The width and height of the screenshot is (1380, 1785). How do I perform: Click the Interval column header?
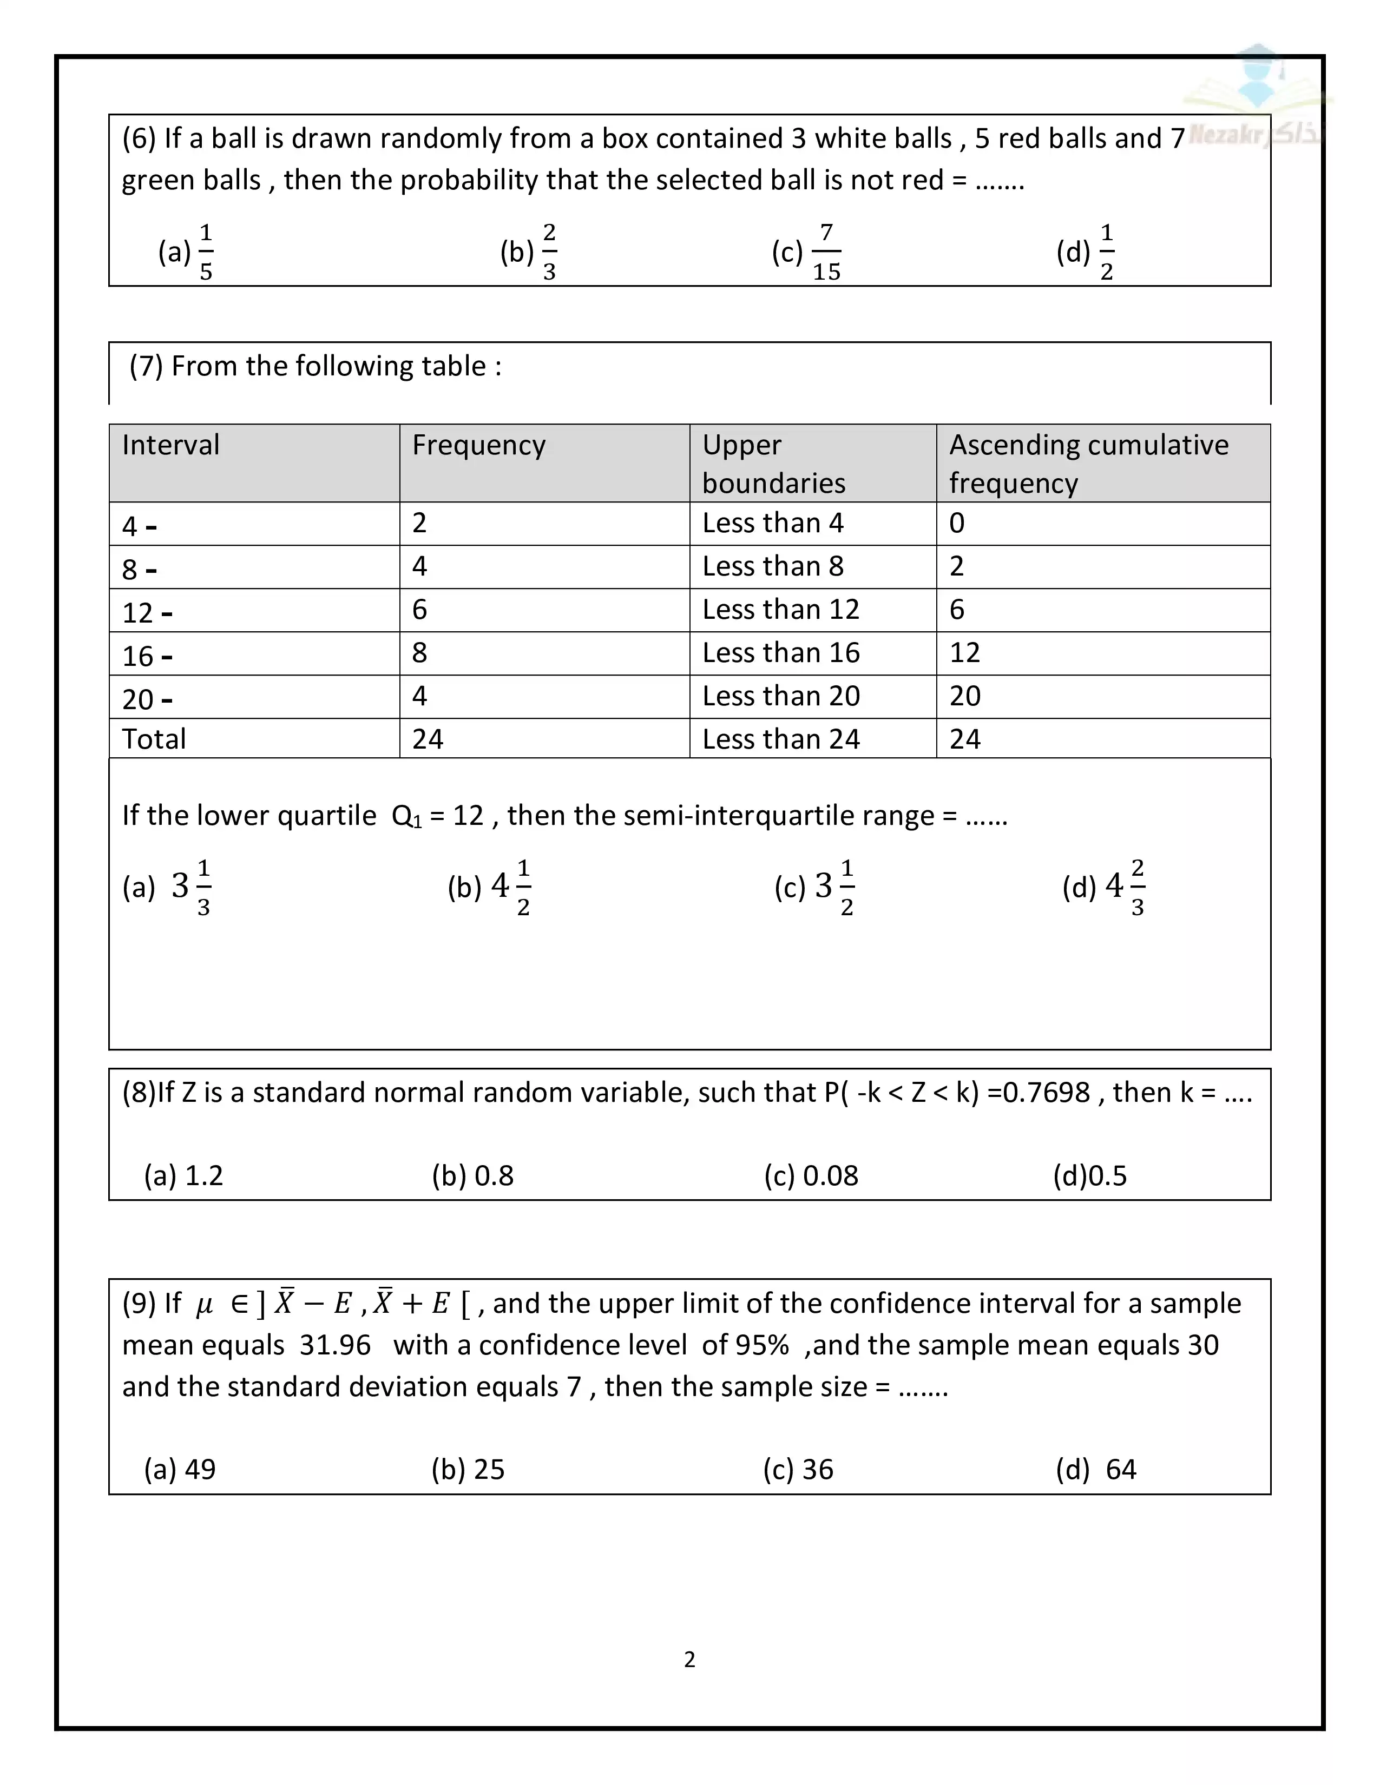click(171, 445)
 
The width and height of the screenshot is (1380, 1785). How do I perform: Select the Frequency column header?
click(478, 445)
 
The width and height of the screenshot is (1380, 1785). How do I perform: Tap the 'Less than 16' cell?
click(781, 653)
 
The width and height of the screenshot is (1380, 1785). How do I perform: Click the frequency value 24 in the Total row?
click(428, 739)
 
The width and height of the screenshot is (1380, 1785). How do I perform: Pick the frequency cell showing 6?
click(419, 610)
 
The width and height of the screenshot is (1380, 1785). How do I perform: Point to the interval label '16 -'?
click(147, 656)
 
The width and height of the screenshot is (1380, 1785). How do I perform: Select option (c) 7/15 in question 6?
click(806, 252)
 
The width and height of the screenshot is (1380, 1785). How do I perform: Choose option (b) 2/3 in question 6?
click(529, 252)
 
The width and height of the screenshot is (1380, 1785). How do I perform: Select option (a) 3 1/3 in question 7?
click(168, 887)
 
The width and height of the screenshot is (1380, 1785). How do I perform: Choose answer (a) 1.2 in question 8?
click(183, 1176)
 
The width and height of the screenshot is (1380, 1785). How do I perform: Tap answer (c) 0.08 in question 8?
click(811, 1176)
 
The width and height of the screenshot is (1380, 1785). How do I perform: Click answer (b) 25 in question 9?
click(468, 1470)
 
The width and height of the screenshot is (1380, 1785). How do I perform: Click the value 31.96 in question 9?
click(335, 1345)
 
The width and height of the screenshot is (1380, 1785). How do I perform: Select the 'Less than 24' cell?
click(781, 739)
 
